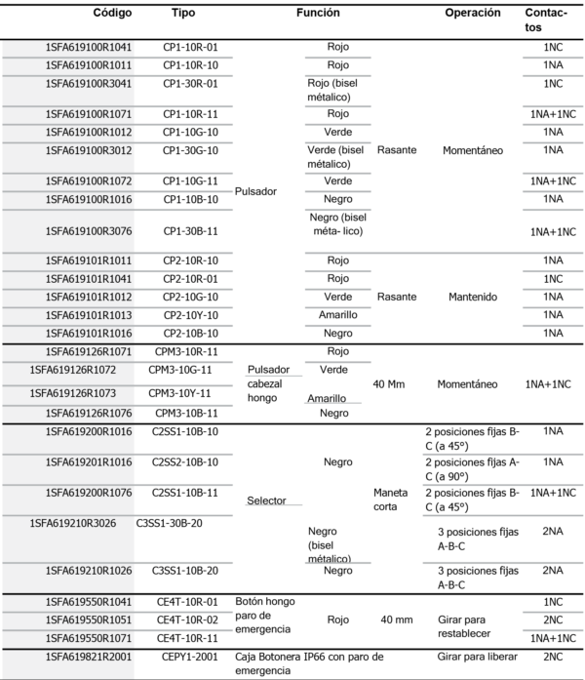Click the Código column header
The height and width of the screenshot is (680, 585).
point(112,14)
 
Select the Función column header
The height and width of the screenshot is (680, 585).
point(318,14)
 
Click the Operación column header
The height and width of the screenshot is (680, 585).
point(473,14)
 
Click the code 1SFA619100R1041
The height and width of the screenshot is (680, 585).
point(89,47)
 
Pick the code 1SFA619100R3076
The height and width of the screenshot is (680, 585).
point(89,231)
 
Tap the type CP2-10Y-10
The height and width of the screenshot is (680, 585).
point(191,315)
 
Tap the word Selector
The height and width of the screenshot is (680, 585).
point(266,500)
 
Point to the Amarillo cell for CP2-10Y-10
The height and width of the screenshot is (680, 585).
point(337,315)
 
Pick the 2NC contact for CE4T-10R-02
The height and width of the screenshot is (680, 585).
point(553,619)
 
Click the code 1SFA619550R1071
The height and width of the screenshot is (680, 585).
point(89,636)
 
